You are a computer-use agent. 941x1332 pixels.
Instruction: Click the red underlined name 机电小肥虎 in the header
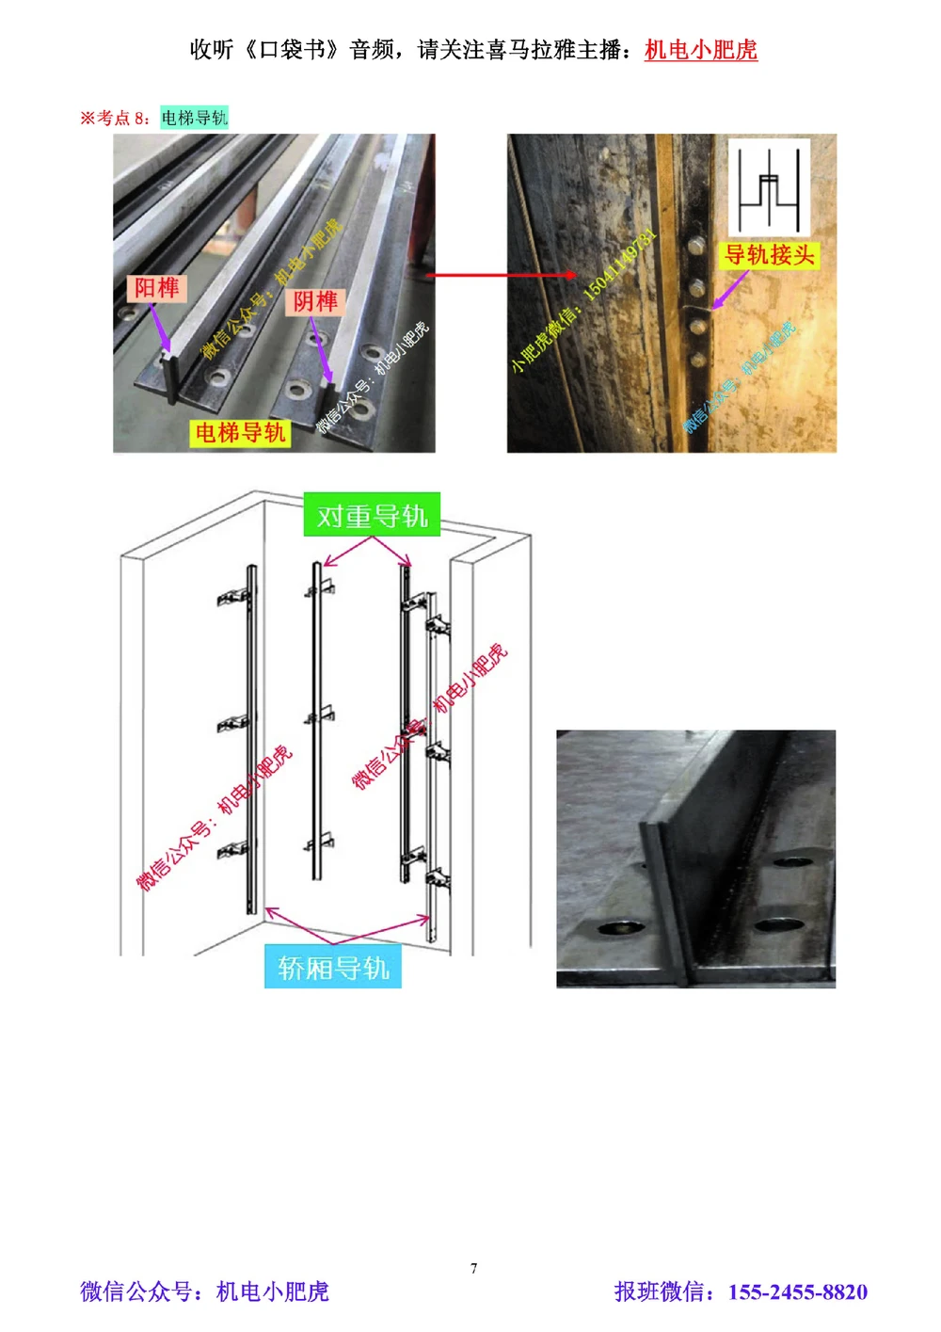(x=700, y=50)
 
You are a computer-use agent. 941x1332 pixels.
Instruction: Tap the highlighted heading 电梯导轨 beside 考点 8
(x=194, y=118)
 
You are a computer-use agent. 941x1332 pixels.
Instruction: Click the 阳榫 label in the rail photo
(x=155, y=288)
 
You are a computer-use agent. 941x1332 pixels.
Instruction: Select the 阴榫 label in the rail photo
(x=314, y=301)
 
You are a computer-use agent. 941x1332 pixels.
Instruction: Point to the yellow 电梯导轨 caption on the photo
(x=239, y=433)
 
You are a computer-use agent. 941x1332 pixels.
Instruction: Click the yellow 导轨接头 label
(x=769, y=255)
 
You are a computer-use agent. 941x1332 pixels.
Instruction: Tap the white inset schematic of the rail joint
(x=769, y=187)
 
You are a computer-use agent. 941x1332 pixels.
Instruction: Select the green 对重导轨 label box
(x=372, y=516)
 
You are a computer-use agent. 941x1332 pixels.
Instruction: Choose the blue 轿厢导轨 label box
(x=333, y=967)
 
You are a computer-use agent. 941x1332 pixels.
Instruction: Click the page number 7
(x=473, y=1268)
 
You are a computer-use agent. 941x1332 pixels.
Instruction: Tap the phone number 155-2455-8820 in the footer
(x=797, y=1292)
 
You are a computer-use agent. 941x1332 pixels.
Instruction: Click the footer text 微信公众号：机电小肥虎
(x=204, y=1292)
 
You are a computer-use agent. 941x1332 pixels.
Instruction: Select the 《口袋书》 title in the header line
(x=293, y=50)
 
